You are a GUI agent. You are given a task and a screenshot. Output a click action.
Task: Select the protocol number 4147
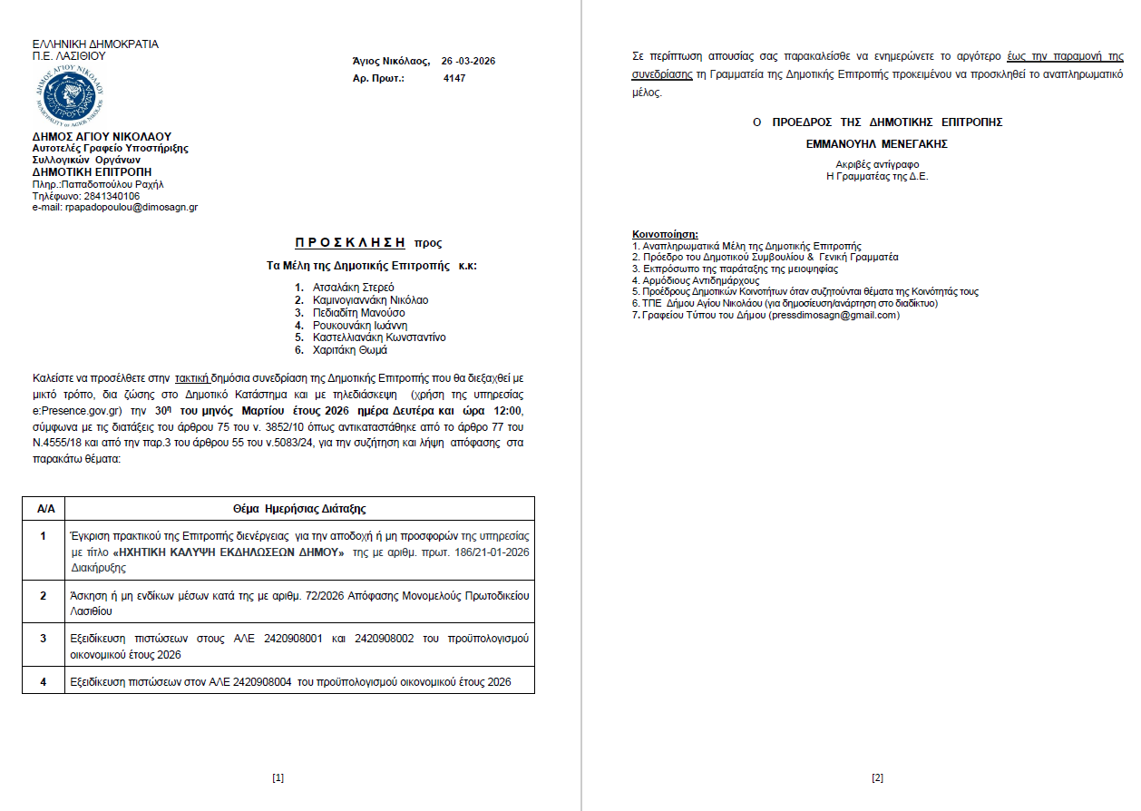tap(454, 79)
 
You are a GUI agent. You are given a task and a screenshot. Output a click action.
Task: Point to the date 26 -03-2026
tap(468, 61)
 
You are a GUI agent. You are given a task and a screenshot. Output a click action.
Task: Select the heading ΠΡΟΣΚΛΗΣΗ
tap(349, 243)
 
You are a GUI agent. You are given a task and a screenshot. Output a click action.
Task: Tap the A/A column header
tap(44, 509)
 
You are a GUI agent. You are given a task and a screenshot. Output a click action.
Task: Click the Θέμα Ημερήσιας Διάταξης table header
tap(299, 509)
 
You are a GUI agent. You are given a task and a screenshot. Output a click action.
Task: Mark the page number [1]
tap(278, 778)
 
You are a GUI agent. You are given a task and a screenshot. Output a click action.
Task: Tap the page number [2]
tap(877, 778)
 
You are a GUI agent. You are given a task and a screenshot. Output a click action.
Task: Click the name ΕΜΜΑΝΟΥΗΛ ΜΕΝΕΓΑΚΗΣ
tap(876, 143)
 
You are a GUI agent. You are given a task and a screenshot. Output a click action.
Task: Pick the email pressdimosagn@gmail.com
tap(834, 315)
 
